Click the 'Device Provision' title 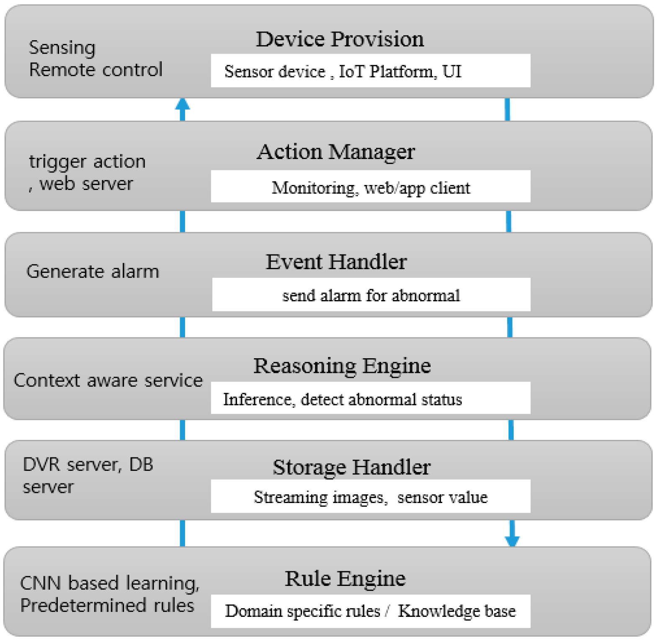[x=340, y=39]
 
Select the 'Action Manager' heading [x=336, y=152]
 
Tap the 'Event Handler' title [x=336, y=262]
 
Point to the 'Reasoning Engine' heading [x=342, y=366]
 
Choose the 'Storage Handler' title [x=351, y=467]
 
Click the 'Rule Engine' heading [x=345, y=579]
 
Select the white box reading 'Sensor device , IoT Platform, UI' [x=370, y=71]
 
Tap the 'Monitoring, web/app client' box [x=370, y=187]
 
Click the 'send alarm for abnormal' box [x=371, y=295]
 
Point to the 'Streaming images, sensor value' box [x=370, y=496]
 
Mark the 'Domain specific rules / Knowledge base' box [x=370, y=611]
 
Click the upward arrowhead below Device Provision [x=182, y=105]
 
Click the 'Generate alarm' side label [x=93, y=272]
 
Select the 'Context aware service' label [x=108, y=380]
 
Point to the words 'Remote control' [x=95, y=69]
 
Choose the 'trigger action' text [x=87, y=162]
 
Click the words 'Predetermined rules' [x=107, y=606]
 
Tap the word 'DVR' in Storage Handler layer [x=41, y=465]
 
